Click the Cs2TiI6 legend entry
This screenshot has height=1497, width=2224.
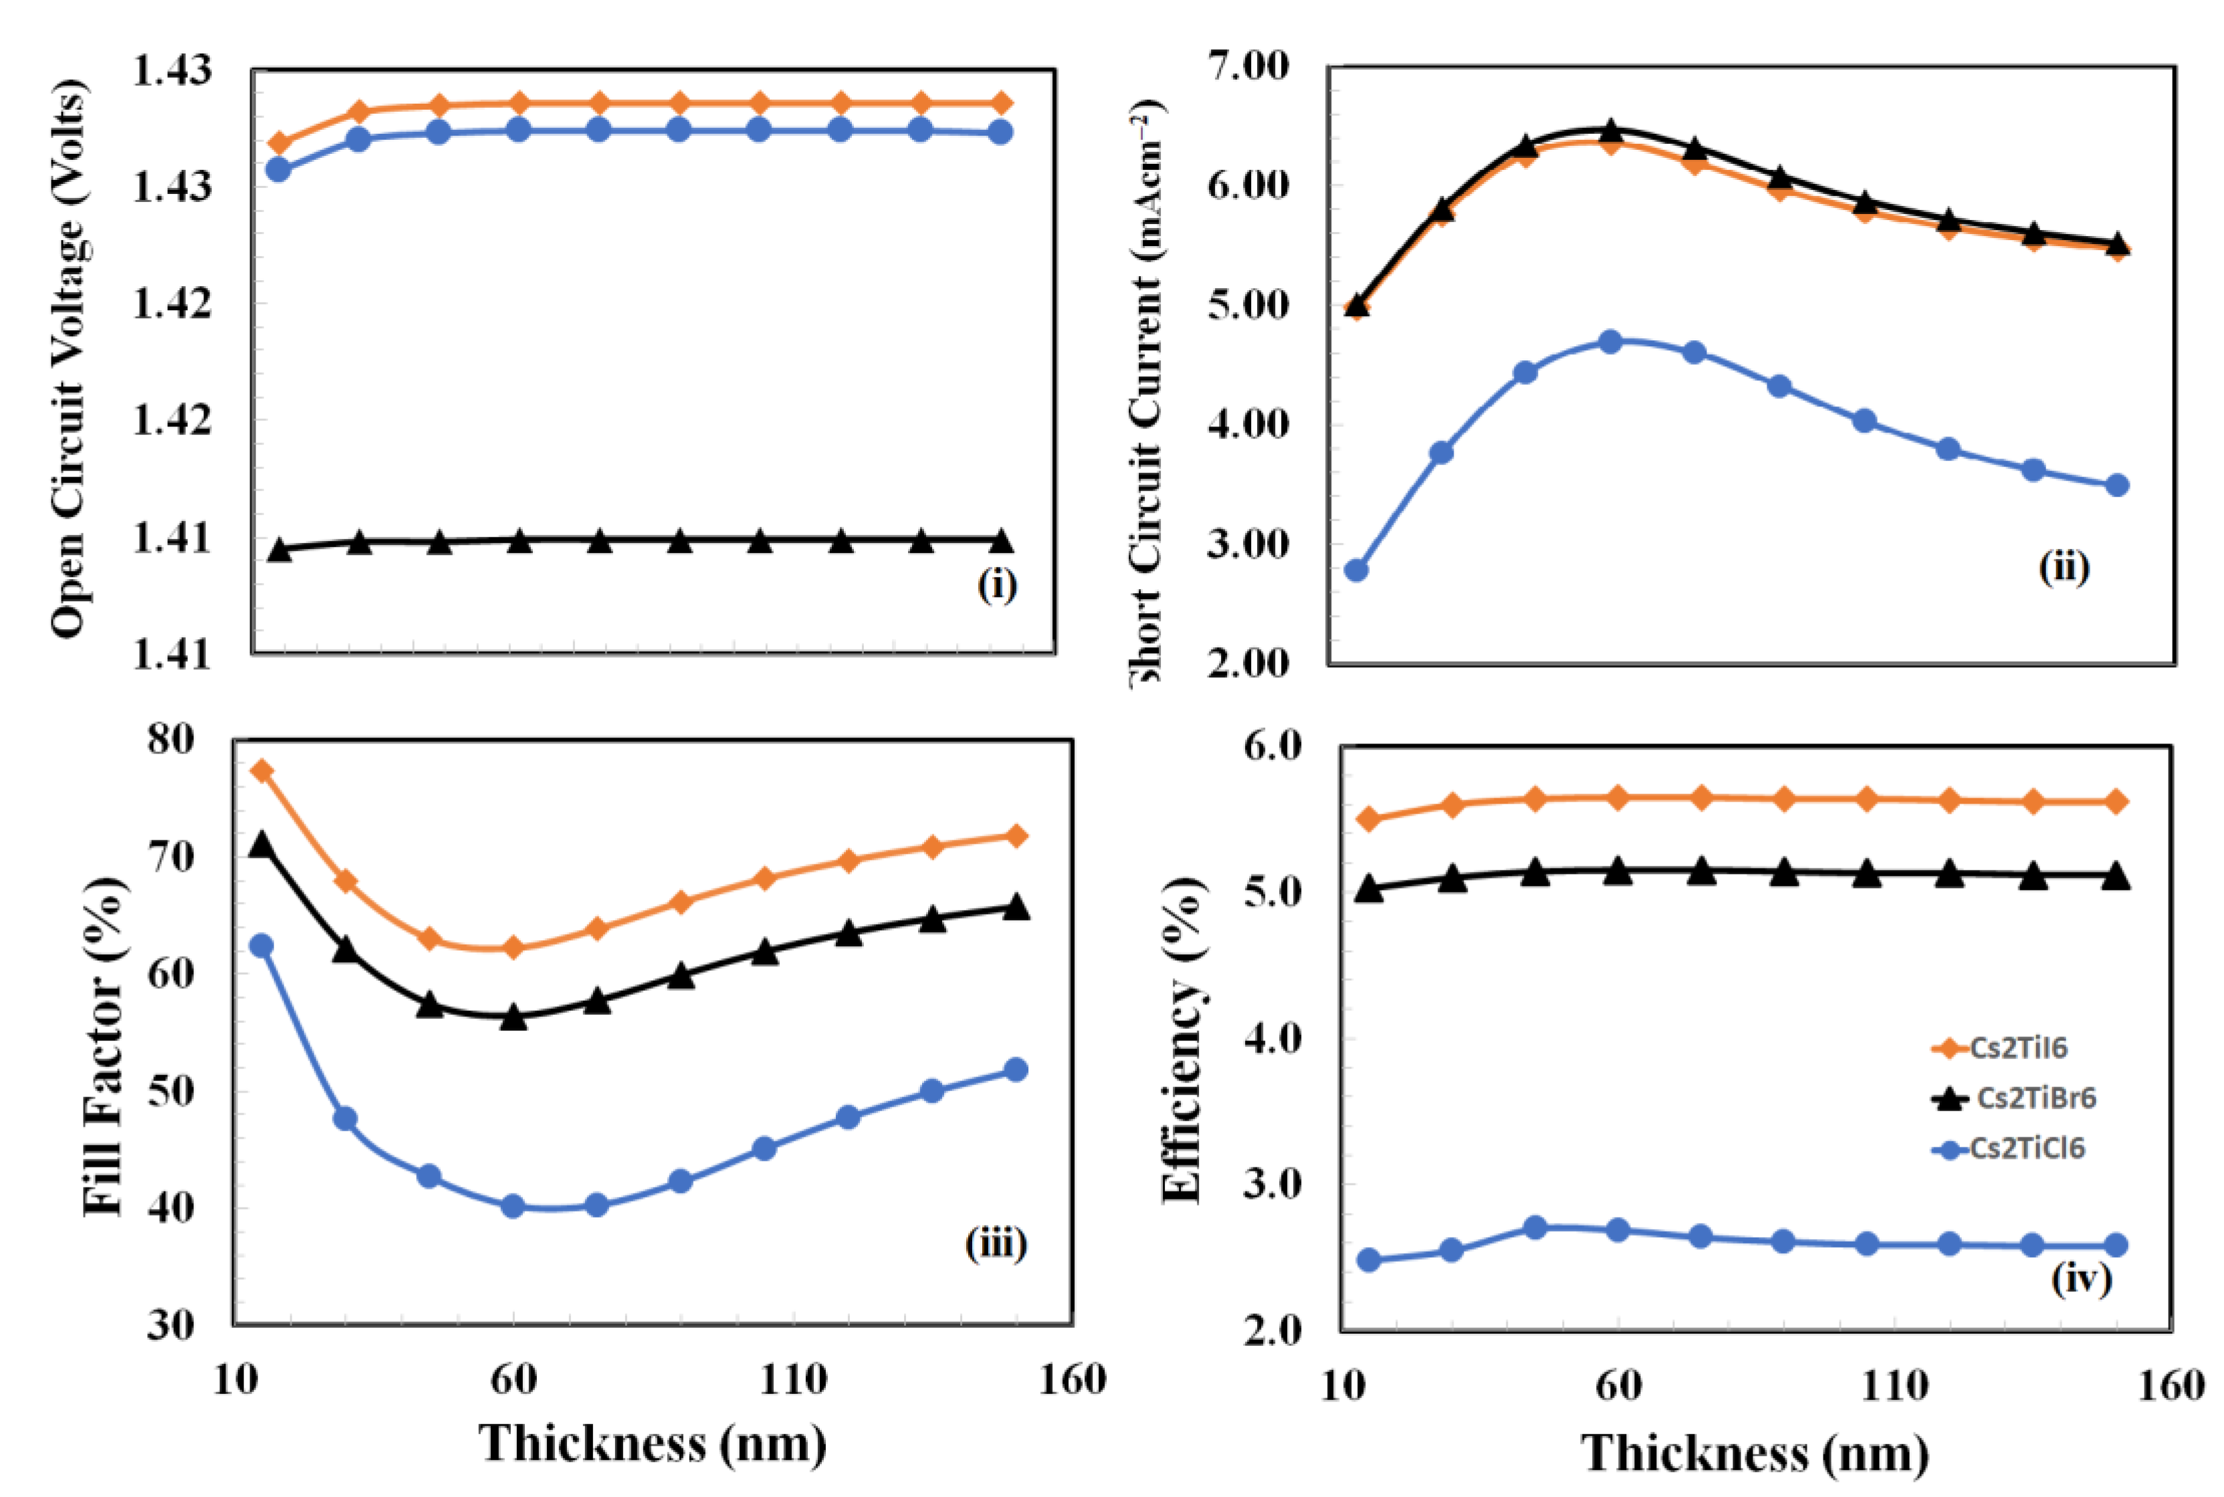(2017, 1048)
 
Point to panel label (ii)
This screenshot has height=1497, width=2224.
(2064, 567)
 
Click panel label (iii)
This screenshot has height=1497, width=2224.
(995, 1243)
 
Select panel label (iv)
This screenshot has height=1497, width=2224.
(2081, 1278)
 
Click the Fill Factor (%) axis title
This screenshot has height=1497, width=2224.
(103, 1046)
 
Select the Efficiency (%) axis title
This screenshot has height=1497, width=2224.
(1182, 1040)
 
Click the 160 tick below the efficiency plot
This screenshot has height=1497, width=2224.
(2171, 1385)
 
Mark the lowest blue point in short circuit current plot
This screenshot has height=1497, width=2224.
(1356, 570)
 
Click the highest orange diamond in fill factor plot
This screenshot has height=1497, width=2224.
(261, 770)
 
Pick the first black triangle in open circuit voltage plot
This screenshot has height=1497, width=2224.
(279, 549)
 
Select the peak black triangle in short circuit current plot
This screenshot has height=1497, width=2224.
(1611, 130)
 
